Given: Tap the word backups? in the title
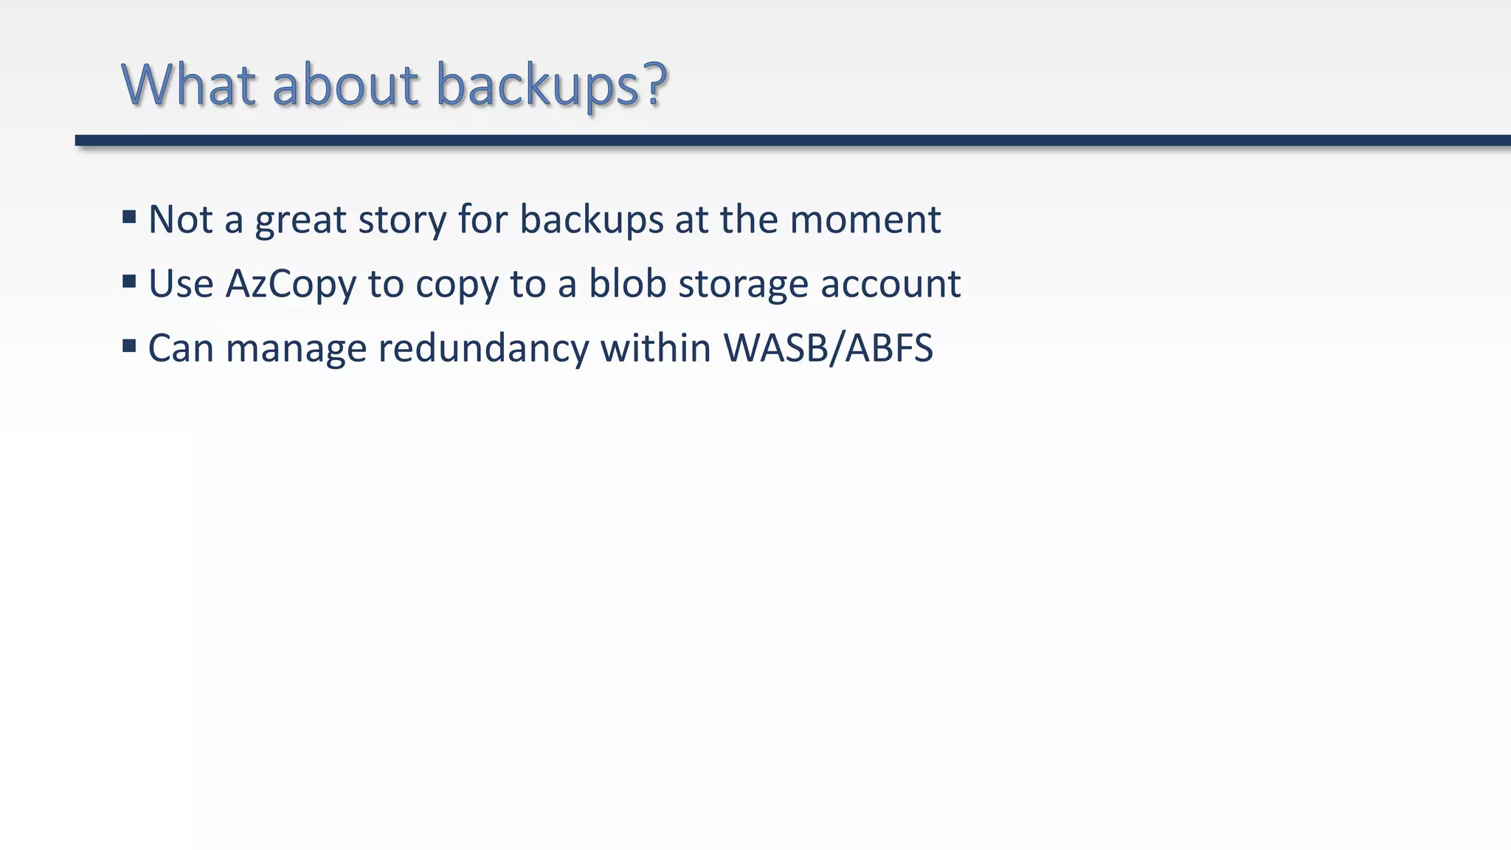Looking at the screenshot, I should pos(552,86).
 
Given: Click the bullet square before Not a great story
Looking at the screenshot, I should pos(129,217).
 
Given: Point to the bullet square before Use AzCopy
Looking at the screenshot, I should pos(129,281).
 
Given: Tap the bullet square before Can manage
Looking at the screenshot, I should pos(129,345).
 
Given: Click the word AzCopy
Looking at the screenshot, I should pos(291,285).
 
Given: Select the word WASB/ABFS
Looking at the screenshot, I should pos(828,348).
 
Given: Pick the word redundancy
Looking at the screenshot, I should pos(483,348).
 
